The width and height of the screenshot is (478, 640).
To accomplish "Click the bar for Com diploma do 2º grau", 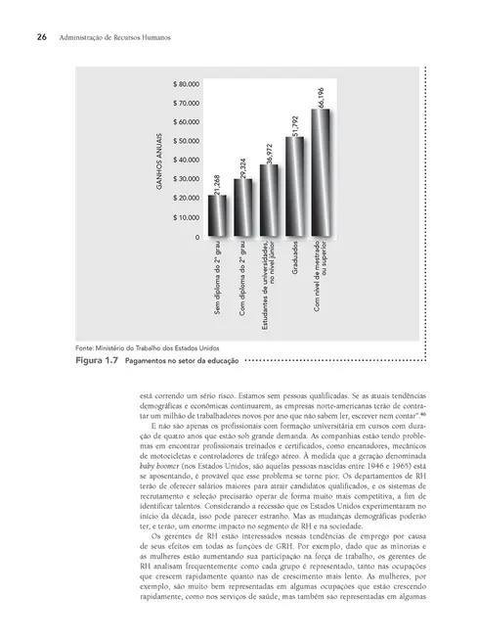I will pyautogui.click(x=242, y=207).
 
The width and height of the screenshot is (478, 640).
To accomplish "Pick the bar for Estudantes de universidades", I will pyautogui.click(x=269, y=201).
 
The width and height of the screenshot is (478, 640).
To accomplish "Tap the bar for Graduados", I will pyautogui.click(x=294, y=187).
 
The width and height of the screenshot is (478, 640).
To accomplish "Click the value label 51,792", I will pyautogui.click(x=294, y=125).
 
